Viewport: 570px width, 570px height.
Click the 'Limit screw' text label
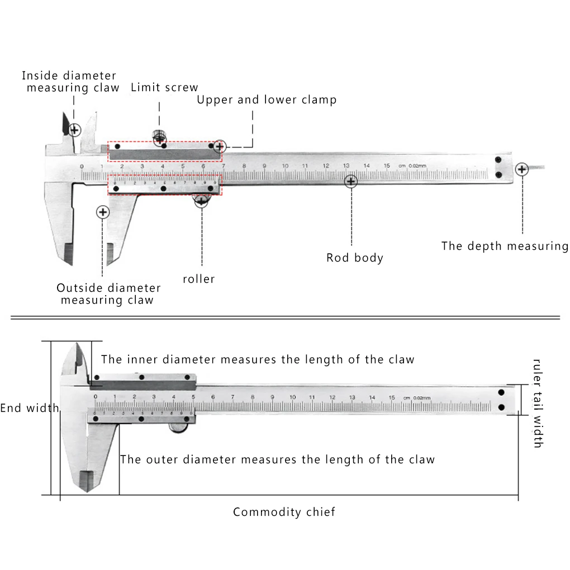coord(164,87)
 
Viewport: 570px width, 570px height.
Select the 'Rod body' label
coord(355,258)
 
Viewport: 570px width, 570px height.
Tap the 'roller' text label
coord(198,278)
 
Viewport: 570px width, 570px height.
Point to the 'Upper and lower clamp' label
coord(267,100)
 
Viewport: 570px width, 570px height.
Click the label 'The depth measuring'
coord(504,246)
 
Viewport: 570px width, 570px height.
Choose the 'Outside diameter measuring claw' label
coord(108,294)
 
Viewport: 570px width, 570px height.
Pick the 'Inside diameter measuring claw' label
coord(70,82)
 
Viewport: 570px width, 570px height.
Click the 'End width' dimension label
coord(29,408)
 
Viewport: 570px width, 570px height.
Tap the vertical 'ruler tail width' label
coord(537,403)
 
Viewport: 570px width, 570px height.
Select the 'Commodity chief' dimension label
coord(284,512)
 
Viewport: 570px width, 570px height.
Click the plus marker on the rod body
coord(351,182)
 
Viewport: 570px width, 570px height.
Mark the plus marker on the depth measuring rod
coord(522,169)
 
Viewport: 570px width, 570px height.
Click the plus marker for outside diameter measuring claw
coord(102,212)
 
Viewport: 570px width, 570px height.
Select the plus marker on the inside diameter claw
coord(74,130)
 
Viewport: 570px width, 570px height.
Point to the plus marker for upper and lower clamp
coord(220,147)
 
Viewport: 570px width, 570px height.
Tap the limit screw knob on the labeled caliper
coord(159,135)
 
